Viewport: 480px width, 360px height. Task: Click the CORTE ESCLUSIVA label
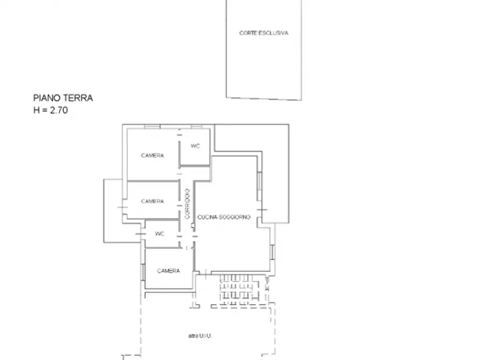[263, 33]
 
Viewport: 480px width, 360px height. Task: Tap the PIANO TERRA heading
[63, 98]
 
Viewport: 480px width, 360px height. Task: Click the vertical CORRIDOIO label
[187, 204]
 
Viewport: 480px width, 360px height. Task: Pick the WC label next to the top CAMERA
[195, 146]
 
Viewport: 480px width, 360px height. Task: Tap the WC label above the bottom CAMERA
[160, 234]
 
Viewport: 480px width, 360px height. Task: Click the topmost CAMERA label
[152, 155]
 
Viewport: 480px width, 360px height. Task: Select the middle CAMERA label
[152, 201]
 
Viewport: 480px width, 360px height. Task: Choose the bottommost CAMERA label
[168, 271]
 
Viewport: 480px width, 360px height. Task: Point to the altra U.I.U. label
[200, 336]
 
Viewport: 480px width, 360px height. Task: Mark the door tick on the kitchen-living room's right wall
[262, 209]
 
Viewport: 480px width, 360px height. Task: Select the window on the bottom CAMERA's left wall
[142, 272]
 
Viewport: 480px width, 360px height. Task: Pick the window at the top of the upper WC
[196, 126]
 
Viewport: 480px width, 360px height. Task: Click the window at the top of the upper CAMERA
[152, 126]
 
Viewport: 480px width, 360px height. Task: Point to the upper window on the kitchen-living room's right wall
[259, 181]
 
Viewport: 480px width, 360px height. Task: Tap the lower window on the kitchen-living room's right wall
[273, 251]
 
